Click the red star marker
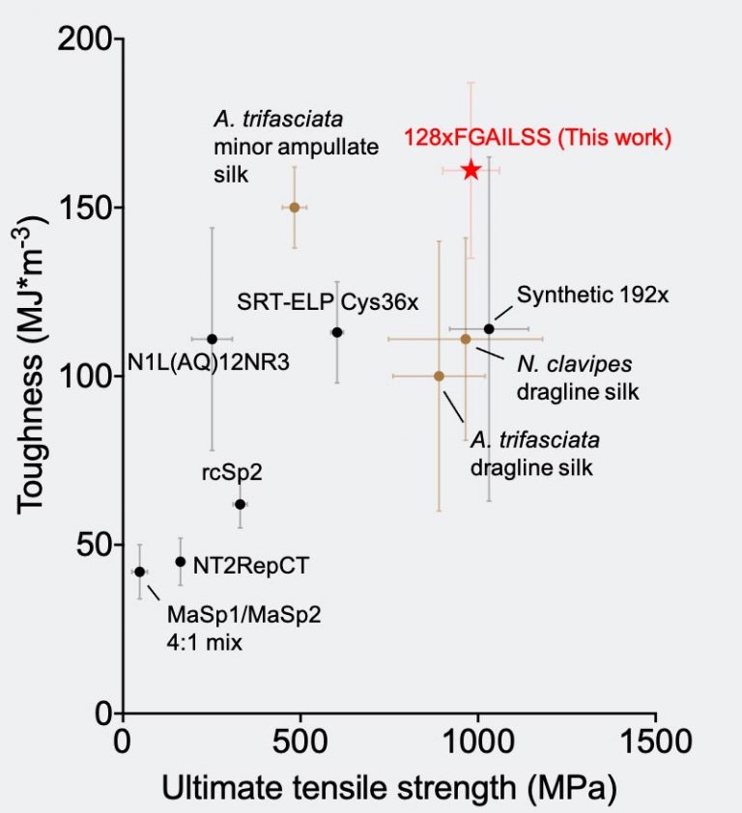(x=471, y=170)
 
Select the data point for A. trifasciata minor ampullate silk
(x=295, y=207)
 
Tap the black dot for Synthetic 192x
(x=489, y=329)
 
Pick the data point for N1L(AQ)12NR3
(x=212, y=339)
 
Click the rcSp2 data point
(x=240, y=504)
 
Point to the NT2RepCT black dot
(x=180, y=562)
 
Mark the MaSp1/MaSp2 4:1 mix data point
(x=139, y=572)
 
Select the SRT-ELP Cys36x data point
(x=337, y=332)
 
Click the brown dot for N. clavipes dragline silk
(x=466, y=339)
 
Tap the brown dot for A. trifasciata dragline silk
(x=439, y=376)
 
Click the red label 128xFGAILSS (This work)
(x=537, y=138)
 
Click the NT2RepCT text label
(x=251, y=566)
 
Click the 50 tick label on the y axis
(x=96, y=545)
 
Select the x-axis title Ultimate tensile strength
(x=388, y=788)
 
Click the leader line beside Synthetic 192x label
(x=505, y=311)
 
